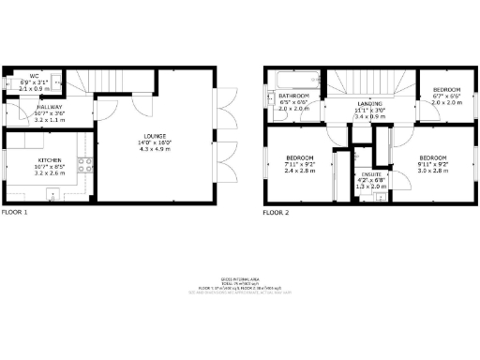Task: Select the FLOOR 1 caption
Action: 15,214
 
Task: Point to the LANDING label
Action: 370,104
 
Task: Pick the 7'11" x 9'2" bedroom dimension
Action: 299,165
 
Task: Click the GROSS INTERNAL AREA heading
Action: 241,278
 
